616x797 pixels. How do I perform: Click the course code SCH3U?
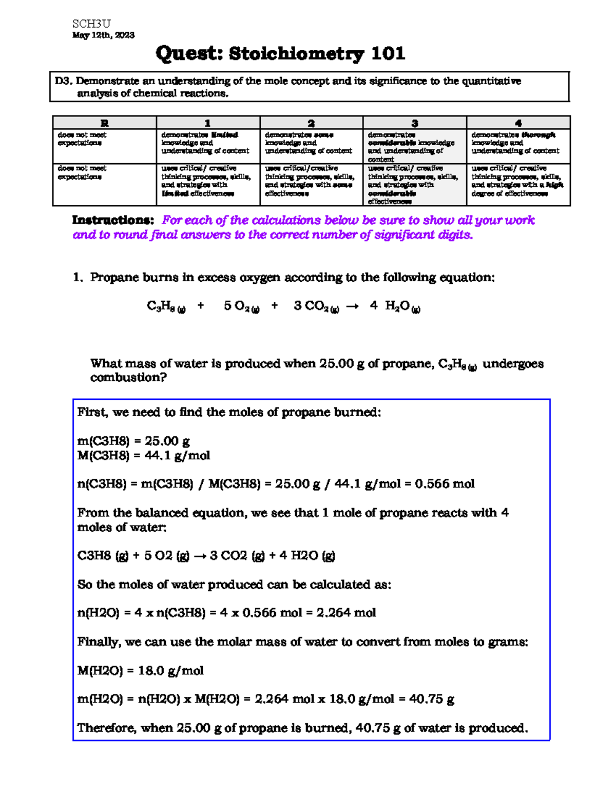(91, 24)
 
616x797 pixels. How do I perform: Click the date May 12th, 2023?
(103, 35)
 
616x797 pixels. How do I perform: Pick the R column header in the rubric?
(104, 123)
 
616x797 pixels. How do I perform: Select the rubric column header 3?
(414, 123)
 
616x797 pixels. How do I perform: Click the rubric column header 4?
(518, 123)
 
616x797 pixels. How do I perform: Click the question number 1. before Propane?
(78, 278)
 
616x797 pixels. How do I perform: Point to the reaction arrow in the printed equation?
(352, 306)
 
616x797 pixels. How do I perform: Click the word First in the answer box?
(92, 413)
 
